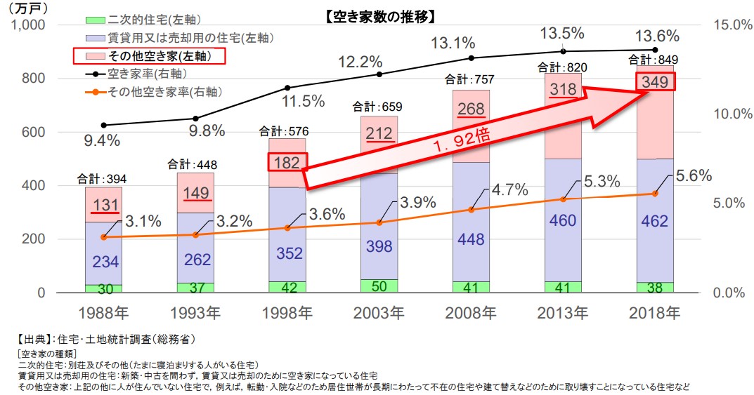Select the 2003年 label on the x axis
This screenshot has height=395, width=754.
[378, 313]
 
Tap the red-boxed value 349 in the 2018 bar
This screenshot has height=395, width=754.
[655, 82]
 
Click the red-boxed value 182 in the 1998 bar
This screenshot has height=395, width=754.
[288, 163]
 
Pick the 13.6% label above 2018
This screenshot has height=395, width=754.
[657, 36]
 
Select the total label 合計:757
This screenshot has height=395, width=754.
[470, 81]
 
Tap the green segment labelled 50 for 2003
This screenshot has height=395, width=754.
[379, 286]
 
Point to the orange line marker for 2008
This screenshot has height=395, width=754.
[471, 209]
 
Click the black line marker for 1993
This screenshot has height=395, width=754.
[195, 119]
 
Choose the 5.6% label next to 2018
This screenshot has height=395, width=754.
[692, 175]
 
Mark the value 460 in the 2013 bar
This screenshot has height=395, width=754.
[562, 220]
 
